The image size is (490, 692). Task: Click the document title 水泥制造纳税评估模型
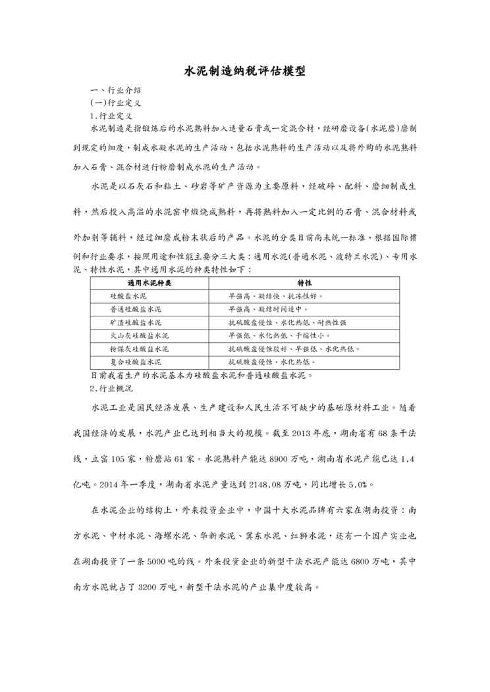[244, 71]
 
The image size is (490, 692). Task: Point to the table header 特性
[304, 284]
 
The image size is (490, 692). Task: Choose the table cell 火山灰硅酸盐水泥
[139, 336]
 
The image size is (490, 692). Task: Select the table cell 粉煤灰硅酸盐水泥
[139, 349]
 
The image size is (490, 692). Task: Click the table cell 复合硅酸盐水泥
[136, 362]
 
